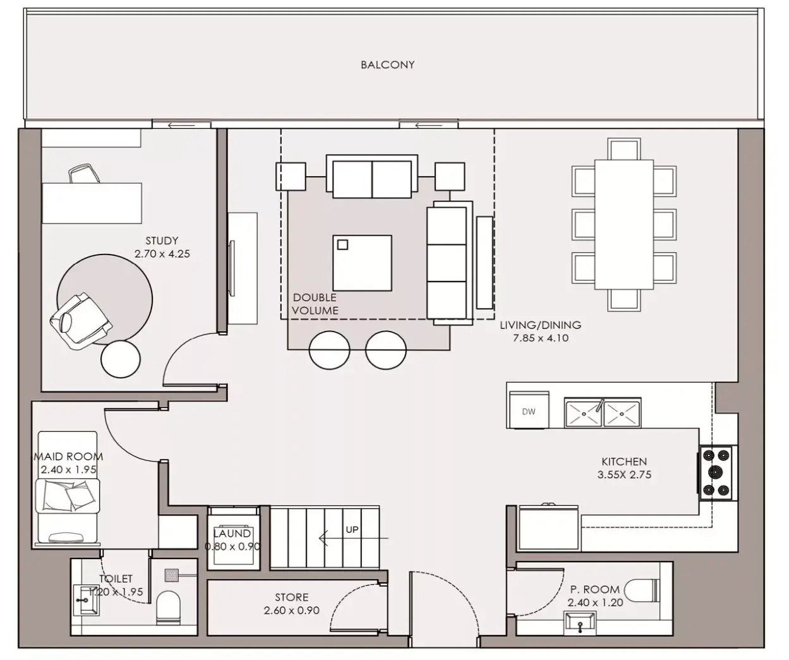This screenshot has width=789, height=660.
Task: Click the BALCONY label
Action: (x=387, y=65)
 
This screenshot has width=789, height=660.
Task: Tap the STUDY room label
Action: (x=162, y=241)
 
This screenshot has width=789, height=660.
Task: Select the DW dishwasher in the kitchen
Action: (x=529, y=411)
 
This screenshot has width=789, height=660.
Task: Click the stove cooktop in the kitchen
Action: (x=716, y=473)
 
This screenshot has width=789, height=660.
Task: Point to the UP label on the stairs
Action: (x=352, y=530)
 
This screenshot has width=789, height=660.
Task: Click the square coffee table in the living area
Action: (x=362, y=263)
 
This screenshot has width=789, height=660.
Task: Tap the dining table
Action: (x=624, y=224)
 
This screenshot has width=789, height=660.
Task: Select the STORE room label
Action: (x=291, y=597)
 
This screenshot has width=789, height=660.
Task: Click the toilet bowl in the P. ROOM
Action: (x=641, y=590)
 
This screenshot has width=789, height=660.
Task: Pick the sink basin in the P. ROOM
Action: (x=579, y=624)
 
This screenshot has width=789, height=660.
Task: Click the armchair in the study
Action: (x=81, y=320)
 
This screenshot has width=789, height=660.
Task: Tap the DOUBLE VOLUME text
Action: (x=315, y=304)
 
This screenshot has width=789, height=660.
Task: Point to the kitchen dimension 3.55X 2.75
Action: (x=624, y=475)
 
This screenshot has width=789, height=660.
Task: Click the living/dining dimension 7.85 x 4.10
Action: (x=540, y=338)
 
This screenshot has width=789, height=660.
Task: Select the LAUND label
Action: (x=232, y=534)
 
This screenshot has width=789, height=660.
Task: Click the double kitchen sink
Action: (x=603, y=412)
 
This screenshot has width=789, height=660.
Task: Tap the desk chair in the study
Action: (x=84, y=174)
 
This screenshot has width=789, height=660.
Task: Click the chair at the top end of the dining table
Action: (x=624, y=149)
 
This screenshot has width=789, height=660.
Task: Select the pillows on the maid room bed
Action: (x=69, y=495)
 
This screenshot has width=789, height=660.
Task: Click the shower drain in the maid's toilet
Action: (x=172, y=575)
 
